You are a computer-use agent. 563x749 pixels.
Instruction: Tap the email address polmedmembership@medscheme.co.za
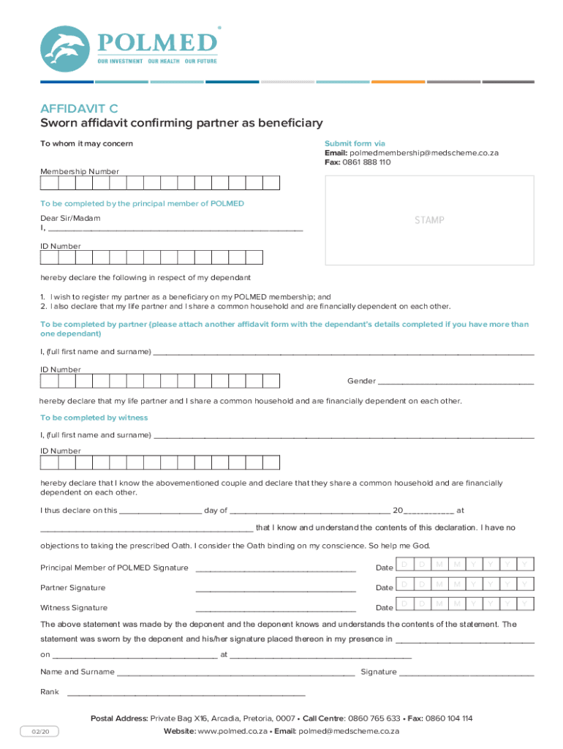423,153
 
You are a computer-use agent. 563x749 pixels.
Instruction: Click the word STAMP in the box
429,220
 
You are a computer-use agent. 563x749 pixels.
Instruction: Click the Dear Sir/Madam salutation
70,218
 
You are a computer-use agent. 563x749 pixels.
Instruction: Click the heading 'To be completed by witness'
94,418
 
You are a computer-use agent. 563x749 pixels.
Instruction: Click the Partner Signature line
276,590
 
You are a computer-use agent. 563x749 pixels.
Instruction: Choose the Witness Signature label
74,608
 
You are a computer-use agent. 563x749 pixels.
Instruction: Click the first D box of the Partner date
404,584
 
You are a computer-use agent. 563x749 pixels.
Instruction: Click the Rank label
50,692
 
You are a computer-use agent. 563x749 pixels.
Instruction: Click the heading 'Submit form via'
355,143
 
